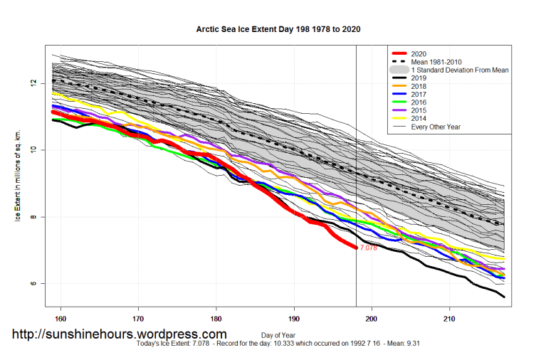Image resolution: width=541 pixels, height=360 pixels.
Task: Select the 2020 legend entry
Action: [420, 53]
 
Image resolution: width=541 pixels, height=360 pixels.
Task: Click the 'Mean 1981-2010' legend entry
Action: [435, 62]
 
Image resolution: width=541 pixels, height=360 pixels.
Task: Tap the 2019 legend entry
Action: [420, 78]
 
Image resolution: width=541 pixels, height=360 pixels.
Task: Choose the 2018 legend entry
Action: [420, 86]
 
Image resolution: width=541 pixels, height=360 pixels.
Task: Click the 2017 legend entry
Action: [420, 95]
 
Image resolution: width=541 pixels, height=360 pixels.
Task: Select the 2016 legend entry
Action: [420, 102]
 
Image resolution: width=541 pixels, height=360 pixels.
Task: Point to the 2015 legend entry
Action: [420, 111]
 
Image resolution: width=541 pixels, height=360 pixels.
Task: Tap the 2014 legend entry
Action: [420, 119]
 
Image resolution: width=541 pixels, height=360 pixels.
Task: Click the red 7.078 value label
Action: [369, 248]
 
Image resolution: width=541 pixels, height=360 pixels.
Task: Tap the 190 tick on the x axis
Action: [293, 318]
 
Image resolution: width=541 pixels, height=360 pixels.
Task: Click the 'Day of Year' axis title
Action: [278, 334]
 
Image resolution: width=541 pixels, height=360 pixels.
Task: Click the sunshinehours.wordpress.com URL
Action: [120, 334]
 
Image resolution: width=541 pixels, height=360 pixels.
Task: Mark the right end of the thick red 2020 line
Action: [356, 248]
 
